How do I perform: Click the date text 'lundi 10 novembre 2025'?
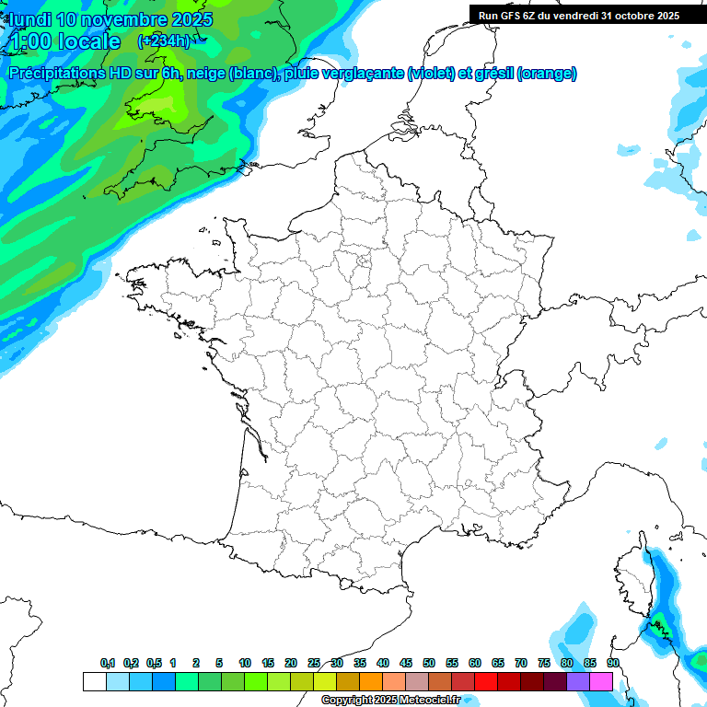[x=110, y=19]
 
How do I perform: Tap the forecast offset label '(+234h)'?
[x=164, y=41]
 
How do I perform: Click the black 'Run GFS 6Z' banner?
[x=578, y=15]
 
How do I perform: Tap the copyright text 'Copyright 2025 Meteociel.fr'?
[x=389, y=700]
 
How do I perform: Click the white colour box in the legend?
[x=94, y=681]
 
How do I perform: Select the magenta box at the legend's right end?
[x=601, y=681]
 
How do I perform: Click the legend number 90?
[x=612, y=663]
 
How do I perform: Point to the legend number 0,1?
[x=108, y=663]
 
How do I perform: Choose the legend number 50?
[x=429, y=663]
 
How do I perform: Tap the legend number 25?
[x=314, y=663]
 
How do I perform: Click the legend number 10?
[x=245, y=663]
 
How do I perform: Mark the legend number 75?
[x=543, y=663]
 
